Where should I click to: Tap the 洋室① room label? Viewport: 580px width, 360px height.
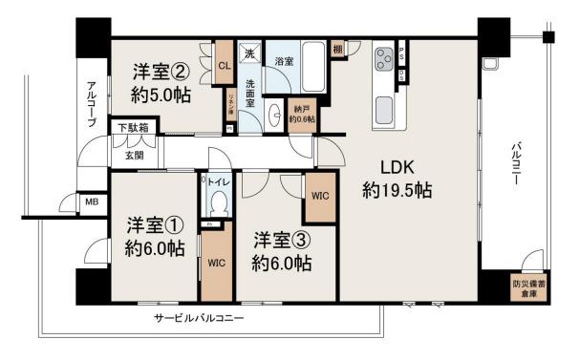click(155, 237)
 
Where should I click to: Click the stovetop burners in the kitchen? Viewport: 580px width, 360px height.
click(383, 58)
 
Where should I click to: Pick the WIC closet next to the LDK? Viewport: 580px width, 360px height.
click(320, 197)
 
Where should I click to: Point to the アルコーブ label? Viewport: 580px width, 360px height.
click(90, 102)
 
